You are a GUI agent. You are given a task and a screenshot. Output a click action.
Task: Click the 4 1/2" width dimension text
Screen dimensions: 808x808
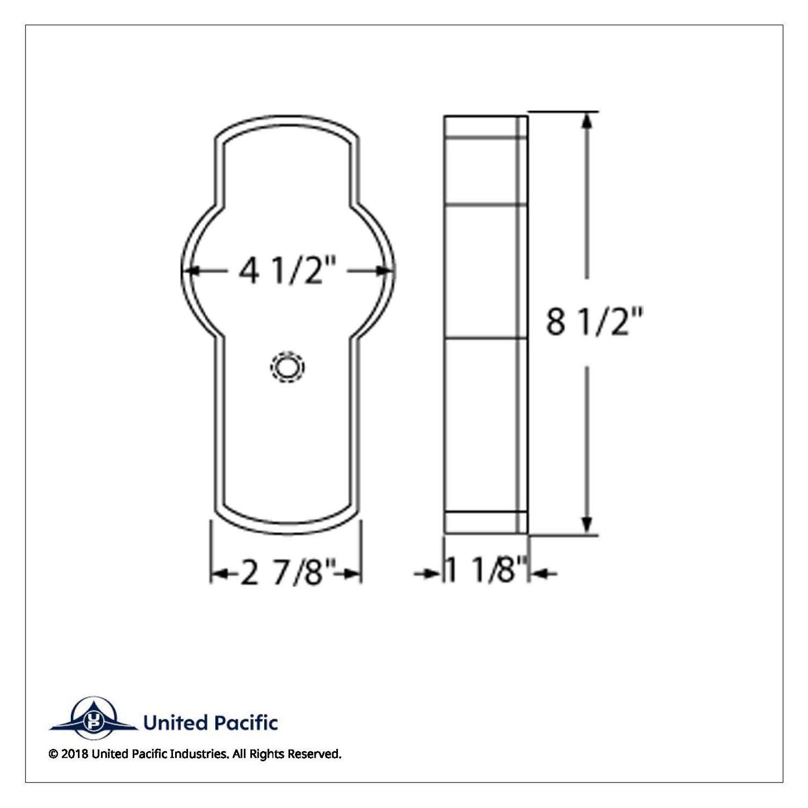(287, 271)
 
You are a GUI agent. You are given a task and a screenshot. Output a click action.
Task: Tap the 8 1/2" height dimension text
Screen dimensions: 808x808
(594, 322)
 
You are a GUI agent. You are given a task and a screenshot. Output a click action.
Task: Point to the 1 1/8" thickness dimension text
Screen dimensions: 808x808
(486, 569)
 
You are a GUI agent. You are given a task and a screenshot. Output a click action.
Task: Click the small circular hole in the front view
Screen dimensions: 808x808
(287, 367)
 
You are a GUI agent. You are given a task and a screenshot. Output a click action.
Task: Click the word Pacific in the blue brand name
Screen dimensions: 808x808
(245, 723)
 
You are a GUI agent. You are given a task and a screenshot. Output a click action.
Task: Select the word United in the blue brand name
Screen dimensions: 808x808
(176, 723)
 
